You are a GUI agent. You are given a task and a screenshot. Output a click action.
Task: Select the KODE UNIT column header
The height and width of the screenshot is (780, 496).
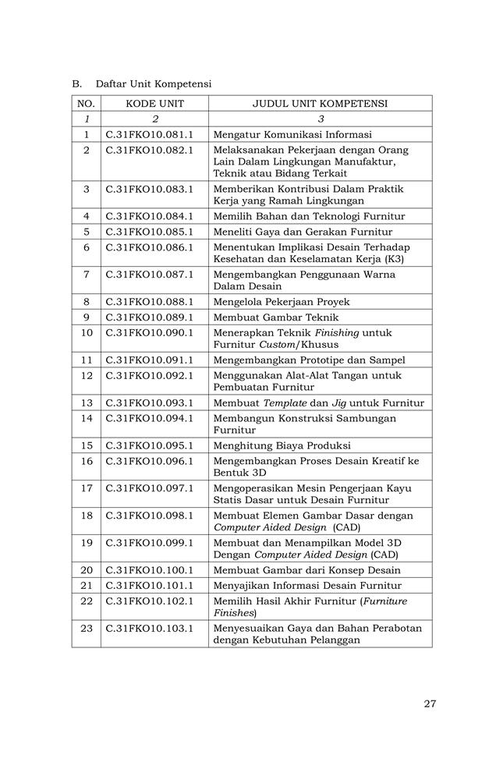(x=154, y=104)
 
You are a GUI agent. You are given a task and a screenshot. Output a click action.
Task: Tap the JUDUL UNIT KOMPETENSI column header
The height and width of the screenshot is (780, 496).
(x=320, y=104)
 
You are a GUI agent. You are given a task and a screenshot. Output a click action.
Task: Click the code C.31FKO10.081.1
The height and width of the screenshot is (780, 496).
(x=150, y=134)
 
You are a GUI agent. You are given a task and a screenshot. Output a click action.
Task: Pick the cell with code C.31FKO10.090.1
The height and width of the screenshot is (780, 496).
(x=150, y=332)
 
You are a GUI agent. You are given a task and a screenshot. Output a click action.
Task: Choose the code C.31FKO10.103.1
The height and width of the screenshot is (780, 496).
(x=150, y=628)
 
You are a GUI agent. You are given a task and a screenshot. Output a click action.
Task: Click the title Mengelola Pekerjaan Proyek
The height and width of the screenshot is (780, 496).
(x=282, y=302)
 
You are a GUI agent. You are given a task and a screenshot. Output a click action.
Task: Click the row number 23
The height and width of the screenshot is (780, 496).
(x=87, y=628)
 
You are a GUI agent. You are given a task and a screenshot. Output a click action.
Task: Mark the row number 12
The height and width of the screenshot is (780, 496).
(x=87, y=375)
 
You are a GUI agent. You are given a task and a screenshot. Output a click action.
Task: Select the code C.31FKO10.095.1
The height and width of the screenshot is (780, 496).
(x=150, y=445)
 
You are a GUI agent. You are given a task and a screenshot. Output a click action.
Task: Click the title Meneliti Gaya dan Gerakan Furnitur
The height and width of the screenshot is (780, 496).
(x=303, y=232)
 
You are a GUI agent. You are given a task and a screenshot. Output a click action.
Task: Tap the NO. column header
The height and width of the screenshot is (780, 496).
(x=87, y=104)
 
